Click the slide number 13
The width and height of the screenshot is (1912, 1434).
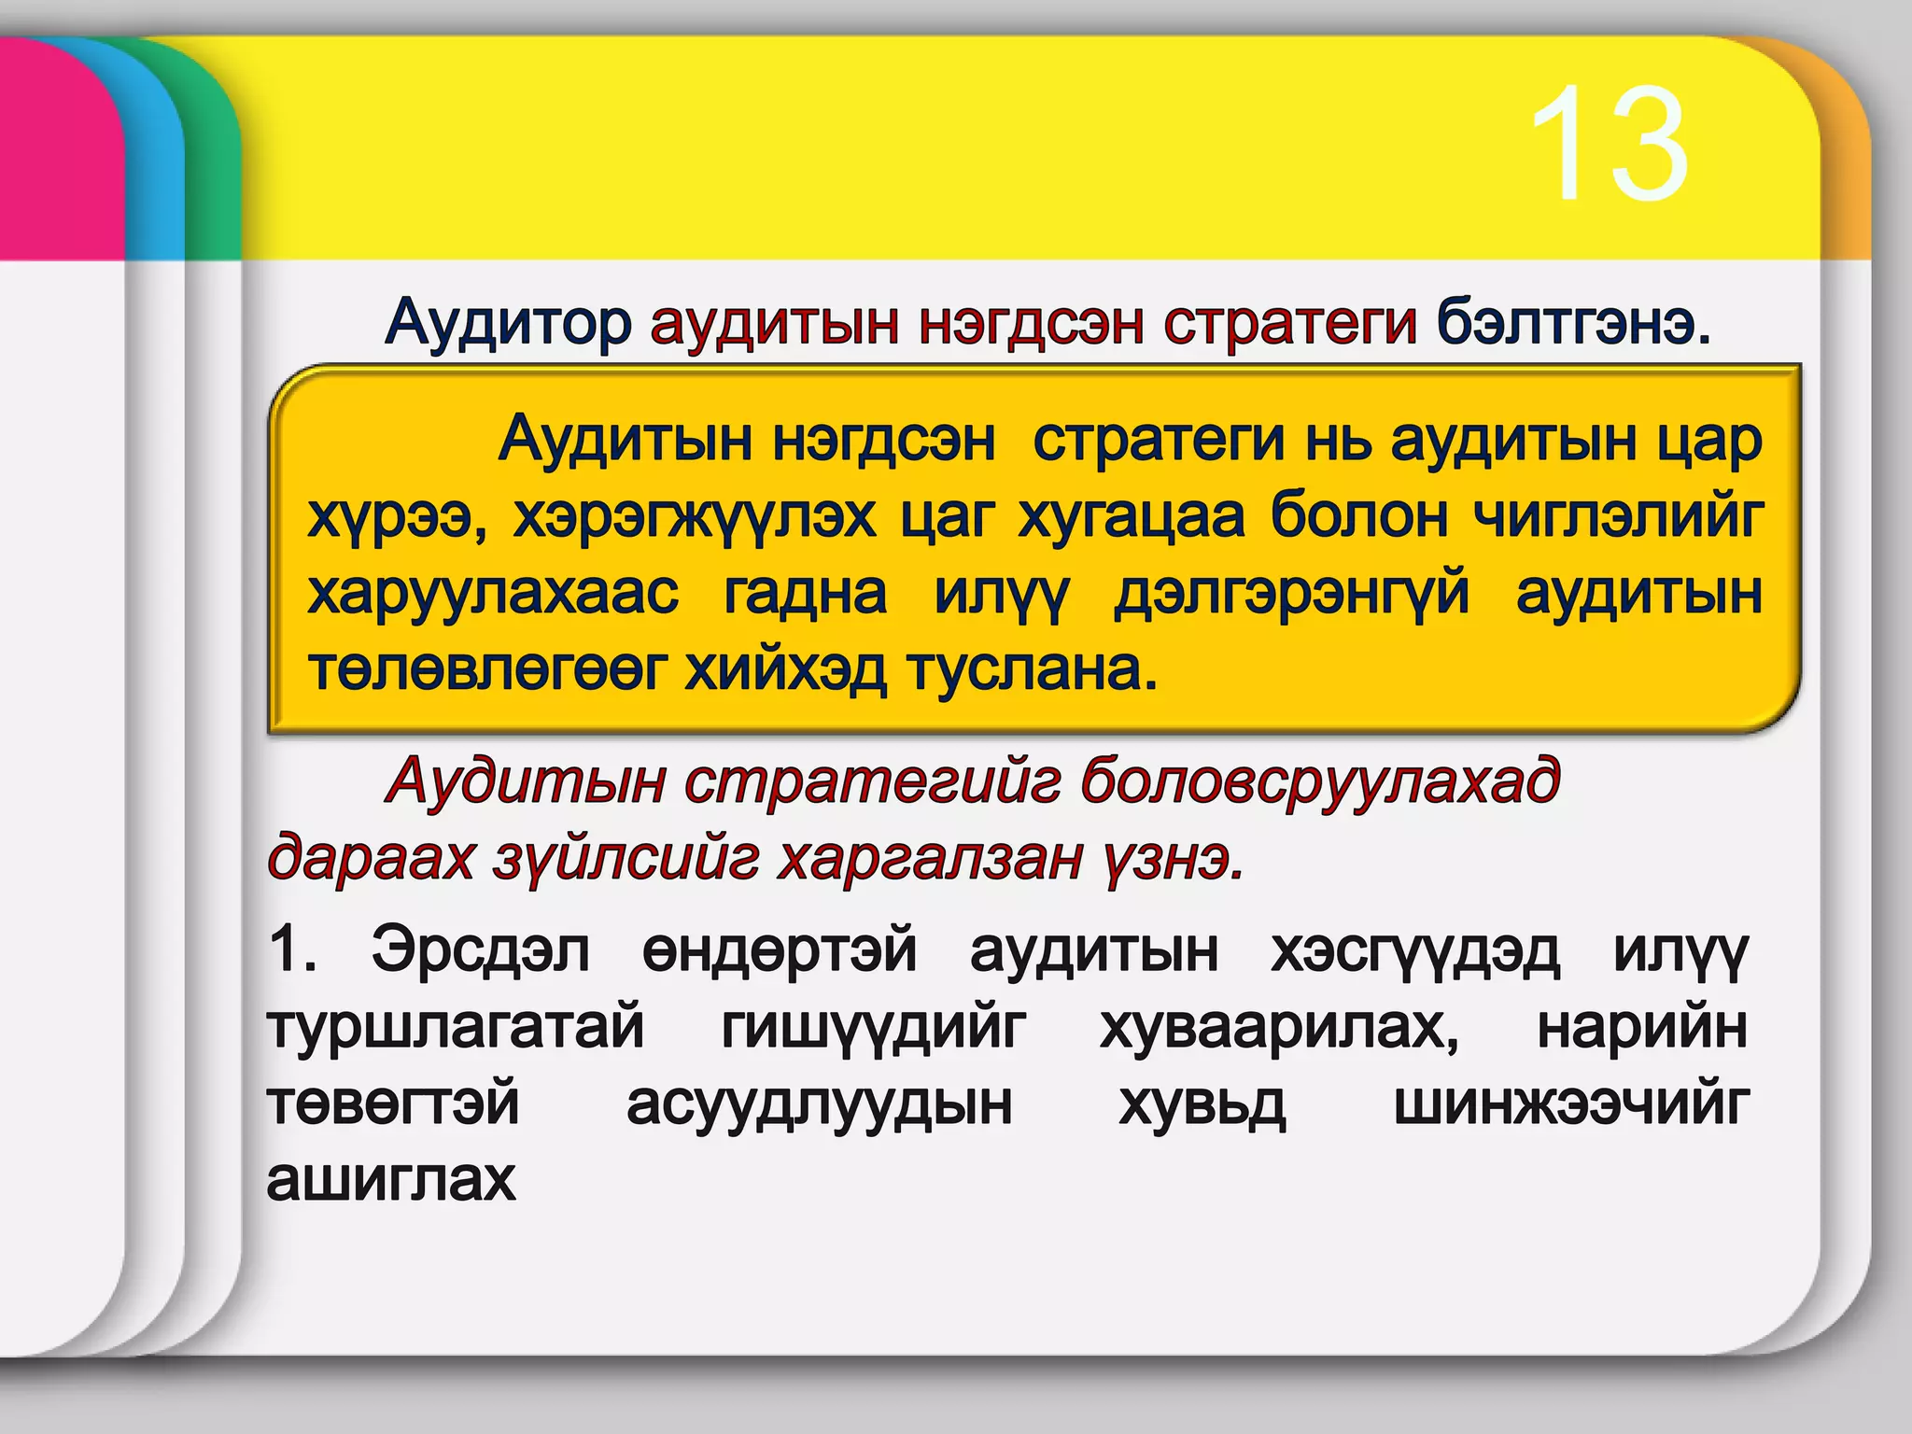tap(1608, 145)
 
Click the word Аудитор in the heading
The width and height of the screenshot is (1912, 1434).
tap(509, 323)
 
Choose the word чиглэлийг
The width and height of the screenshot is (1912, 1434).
tap(1619, 516)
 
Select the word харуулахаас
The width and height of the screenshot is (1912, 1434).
tap(493, 593)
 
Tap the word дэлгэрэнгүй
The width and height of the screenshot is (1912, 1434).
tap(1291, 594)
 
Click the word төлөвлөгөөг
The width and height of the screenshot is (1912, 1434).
tap(488, 669)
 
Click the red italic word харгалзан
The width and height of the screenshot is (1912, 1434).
tap(930, 859)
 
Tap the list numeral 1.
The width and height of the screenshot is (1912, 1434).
tap(288, 950)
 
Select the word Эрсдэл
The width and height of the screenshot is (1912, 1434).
tap(480, 950)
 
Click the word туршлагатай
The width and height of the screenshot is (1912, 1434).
tap(456, 1028)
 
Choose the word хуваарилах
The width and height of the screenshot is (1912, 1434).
tap(1279, 1028)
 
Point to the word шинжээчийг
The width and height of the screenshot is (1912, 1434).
tap(1570, 1104)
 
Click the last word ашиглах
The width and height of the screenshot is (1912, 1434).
tap(391, 1180)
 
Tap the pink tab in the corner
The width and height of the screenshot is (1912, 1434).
tap(56, 140)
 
